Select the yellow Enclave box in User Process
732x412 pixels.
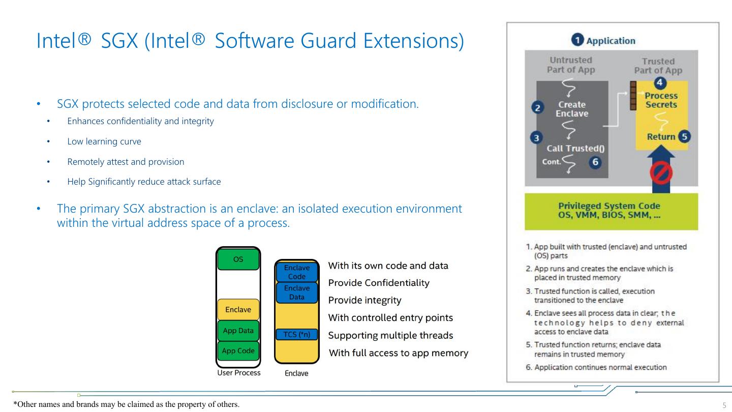[x=238, y=309]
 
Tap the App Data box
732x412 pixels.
[x=238, y=331]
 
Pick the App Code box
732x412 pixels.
[x=238, y=350]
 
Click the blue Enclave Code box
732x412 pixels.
[x=296, y=272]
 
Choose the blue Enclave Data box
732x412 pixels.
[x=296, y=292]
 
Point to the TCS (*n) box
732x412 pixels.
[x=296, y=334]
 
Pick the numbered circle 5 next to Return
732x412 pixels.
[x=684, y=136]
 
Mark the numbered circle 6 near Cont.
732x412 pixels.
[x=595, y=162]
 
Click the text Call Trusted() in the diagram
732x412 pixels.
[x=571, y=149]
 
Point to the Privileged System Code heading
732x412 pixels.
[x=609, y=206]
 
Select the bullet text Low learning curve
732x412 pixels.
[x=104, y=141]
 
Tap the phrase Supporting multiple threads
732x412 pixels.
[x=390, y=336]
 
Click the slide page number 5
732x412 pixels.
[x=724, y=405]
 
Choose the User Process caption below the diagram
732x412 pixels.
[x=238, y=373]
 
